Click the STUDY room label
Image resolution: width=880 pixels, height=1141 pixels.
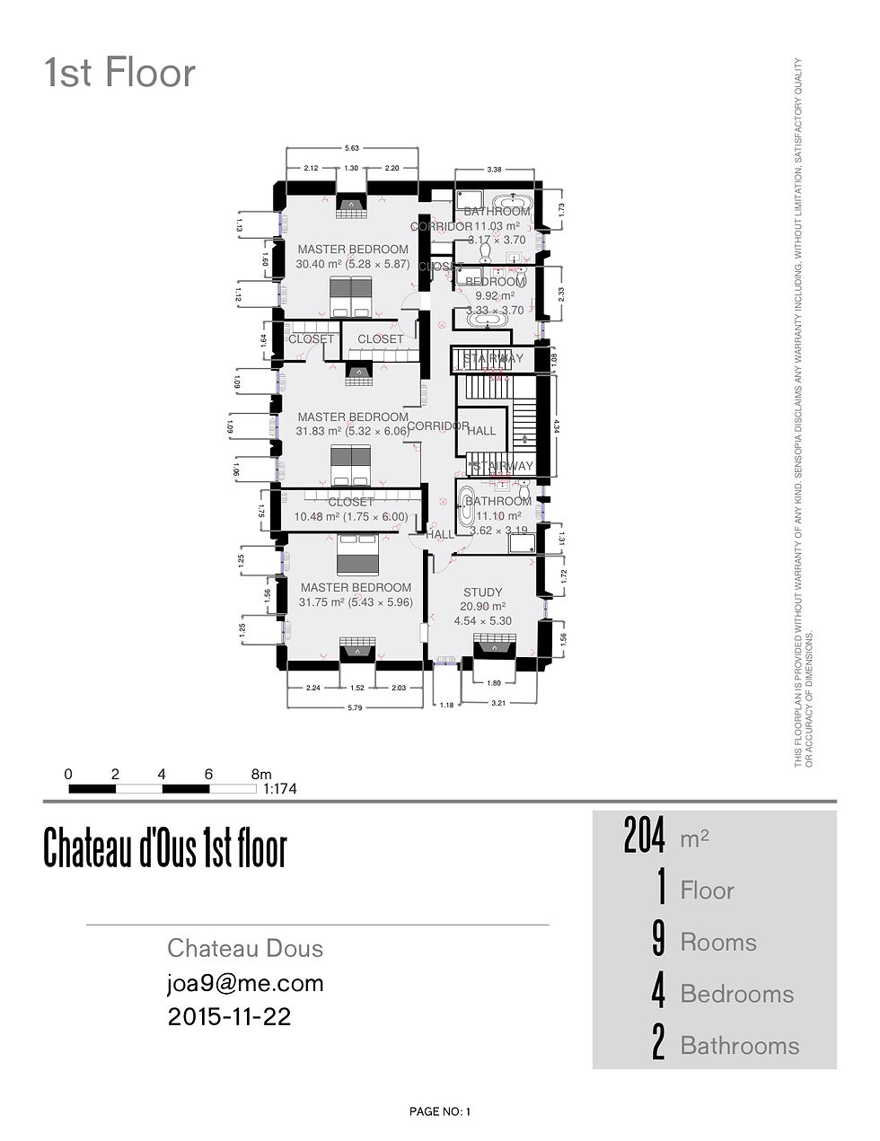(482, 592)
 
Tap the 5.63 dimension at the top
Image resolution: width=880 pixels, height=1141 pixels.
(352, 148)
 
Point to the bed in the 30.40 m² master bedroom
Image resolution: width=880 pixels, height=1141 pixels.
(350, 296)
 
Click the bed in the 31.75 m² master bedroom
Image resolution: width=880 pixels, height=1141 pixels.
(357, 555)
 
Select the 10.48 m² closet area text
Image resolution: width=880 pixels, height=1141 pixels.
(350, 517)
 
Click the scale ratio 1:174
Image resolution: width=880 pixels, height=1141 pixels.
(279, 790)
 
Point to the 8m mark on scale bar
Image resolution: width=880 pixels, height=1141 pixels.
(260, 774)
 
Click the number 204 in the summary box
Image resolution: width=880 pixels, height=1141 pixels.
(644, 837)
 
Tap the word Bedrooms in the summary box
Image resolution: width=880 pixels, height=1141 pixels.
(736, 994)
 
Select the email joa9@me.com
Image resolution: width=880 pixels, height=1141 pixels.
(245, 983)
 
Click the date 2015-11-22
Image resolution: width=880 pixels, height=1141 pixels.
(229, 1017)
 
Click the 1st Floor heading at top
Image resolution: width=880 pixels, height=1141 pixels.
(119, 74)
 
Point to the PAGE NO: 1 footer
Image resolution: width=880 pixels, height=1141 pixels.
(439, 1111)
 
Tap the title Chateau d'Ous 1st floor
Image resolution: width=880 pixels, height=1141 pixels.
(164, 848)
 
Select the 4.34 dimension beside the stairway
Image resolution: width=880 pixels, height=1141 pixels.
(558, 422)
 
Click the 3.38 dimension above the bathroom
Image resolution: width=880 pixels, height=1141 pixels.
(494, 169)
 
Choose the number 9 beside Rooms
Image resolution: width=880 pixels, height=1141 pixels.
(658, 941)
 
